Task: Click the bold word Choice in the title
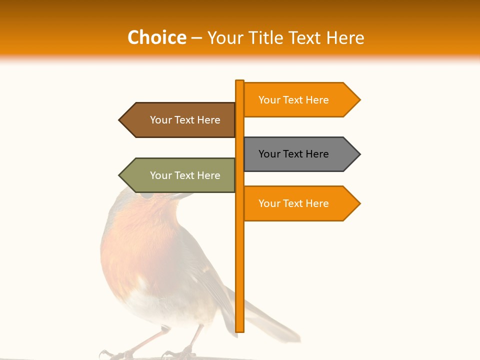click(156, 37)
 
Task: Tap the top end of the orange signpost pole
click(240, 81)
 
